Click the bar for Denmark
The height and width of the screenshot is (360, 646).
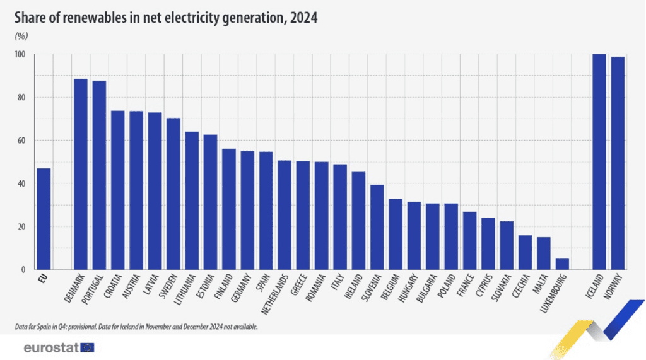click(81, 174)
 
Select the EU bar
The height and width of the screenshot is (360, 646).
click(44, 219)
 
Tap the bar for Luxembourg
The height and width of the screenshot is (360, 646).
click(562, 264)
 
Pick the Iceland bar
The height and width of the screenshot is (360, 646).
click(599, 162)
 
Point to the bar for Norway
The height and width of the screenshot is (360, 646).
click(618, 163)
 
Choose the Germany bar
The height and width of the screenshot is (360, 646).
click(247, 210)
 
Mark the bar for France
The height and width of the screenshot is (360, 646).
click(469, 240)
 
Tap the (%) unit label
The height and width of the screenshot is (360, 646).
click(21, 37)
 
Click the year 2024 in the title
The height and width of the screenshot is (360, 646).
click(303, 18)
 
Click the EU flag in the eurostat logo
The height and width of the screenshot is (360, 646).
click(87, 347)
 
